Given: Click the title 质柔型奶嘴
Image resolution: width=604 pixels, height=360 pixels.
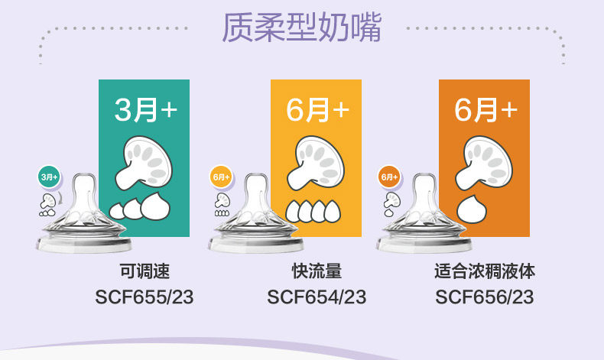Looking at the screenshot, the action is tap(301, 28).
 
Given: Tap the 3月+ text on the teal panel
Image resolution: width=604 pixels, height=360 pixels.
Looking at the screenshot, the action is tap(145, 110).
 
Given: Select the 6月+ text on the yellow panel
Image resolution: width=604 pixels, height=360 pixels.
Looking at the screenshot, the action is tap(317, 110).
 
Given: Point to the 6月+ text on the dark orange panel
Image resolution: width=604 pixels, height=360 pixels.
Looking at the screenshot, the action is tap(485, 110).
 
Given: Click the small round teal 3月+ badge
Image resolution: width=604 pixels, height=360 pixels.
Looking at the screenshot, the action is tap(49, 177).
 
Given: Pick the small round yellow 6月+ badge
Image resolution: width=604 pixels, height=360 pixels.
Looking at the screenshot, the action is tap(221, 177).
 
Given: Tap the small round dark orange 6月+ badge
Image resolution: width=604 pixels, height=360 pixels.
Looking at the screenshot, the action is tap(389, 177).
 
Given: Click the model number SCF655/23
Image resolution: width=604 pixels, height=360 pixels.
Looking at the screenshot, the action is tap(145, 297).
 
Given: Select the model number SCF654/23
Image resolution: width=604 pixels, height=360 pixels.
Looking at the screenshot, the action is tap(317, 297).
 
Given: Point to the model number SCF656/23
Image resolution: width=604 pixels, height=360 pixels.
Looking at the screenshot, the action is tap(485, 297).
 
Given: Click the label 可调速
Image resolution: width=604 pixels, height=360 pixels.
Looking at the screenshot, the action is tap(145, 271).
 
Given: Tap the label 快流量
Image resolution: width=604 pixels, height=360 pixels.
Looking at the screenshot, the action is tap(317, 271).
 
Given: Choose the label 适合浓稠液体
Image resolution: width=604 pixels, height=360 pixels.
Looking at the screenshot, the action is tap(485, 271).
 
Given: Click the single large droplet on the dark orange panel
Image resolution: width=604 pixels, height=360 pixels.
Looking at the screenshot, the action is tap(472, 210).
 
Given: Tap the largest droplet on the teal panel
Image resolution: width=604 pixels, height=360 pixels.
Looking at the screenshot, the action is tap(155, 207).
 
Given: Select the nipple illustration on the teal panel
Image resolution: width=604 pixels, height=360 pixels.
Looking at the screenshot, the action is tap(143, 164).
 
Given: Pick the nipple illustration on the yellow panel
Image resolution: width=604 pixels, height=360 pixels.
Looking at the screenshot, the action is tap(315, 164).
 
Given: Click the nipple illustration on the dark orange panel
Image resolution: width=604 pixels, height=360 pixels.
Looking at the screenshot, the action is tap(483, 164).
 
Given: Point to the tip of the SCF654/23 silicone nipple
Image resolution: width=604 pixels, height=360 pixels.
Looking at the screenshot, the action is tap(256, 177).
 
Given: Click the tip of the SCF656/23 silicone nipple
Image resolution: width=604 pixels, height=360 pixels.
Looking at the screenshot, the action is tap(424, 177).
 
